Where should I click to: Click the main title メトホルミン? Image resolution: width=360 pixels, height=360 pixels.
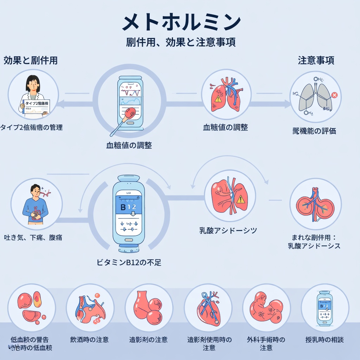click(x=181, y=22)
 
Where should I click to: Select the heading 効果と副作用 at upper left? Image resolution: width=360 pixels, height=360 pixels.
click(x=31, y=60)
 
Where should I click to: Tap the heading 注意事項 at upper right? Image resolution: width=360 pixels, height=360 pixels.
click(x=316, y=60)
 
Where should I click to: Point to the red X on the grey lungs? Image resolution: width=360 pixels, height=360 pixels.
click(x=334, y=95)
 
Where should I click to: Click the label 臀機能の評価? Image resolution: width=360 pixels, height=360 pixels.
click(x=314, y=131)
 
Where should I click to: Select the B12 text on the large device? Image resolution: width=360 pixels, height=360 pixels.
click(x=128, y=207)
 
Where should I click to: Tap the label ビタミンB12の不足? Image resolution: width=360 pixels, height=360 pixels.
click(x=129, y=262)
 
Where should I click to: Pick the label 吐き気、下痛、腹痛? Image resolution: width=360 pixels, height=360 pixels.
click(x=33, y=238)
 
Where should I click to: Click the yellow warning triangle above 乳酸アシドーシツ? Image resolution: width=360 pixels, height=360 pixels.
click(x=240, y=199)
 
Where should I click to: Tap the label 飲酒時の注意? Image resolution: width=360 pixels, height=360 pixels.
click(x=89, y=340)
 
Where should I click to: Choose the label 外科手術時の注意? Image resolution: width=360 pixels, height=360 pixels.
click(x=266, y=343)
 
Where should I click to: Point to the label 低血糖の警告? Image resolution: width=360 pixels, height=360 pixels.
click(x=30, y=340)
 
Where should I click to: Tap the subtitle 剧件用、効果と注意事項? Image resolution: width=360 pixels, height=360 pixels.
click(x=181, y=42)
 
